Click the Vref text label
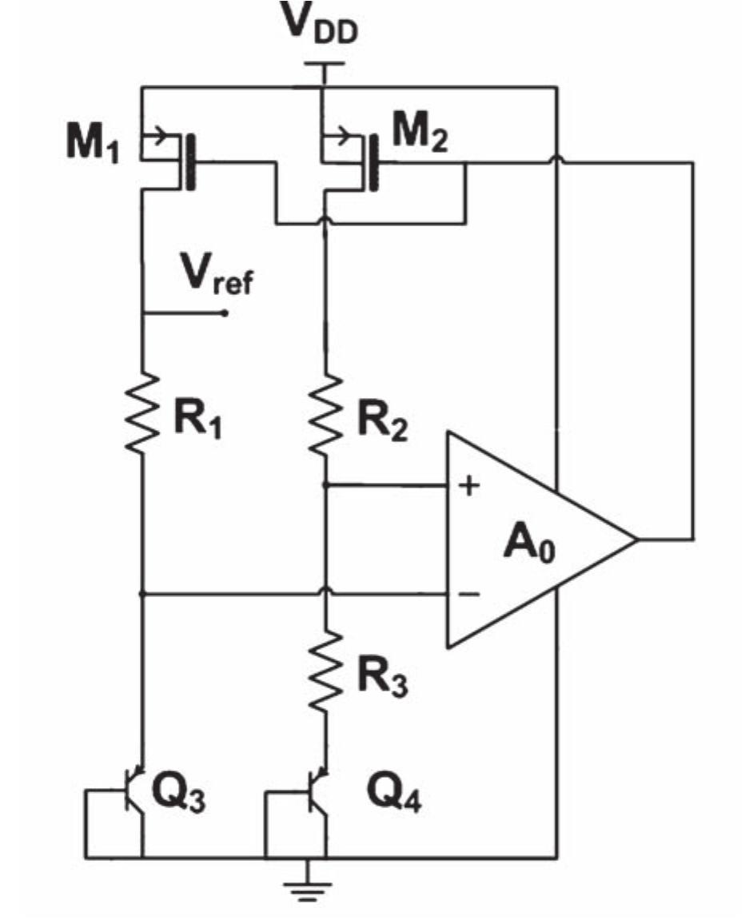[215, 279]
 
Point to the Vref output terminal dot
[225, 313]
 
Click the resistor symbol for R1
[141, 414]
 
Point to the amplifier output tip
[636, 539]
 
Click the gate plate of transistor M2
[373, 163]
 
